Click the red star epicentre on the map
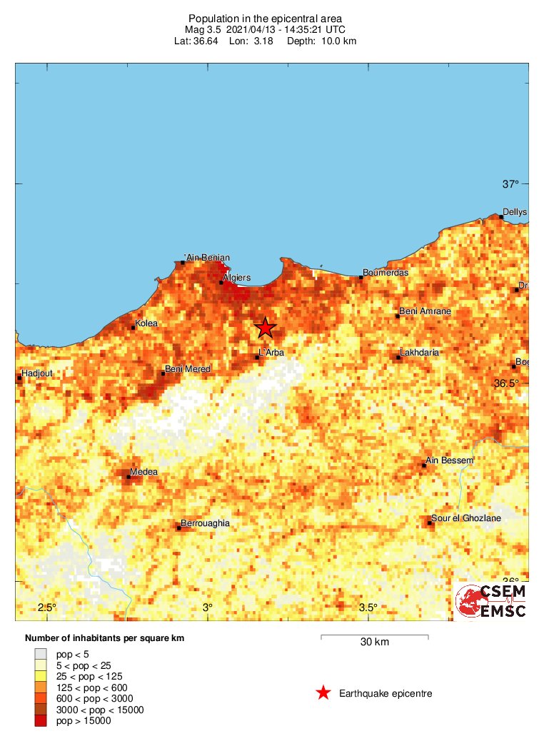click(x=265, y=328)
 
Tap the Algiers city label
click(x=236, y=277)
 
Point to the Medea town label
click(x=143, y=472)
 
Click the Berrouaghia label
click(x=205, y=523)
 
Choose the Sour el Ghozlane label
click(x=465, y=518)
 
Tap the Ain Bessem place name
click(x=449, y=460)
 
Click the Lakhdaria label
click(x=420, y=353)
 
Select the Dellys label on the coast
click(x=514, y=212)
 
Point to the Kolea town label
click(x=146, y=323)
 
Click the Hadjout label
click(x=37, y=373)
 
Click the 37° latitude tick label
click(x=510, y=184)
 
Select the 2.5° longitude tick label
click(x=46, y=608)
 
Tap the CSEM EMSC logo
click(x=492, y=601)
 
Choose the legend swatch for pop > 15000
click(x=41, y=721)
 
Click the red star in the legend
click(x=323, y=693)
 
